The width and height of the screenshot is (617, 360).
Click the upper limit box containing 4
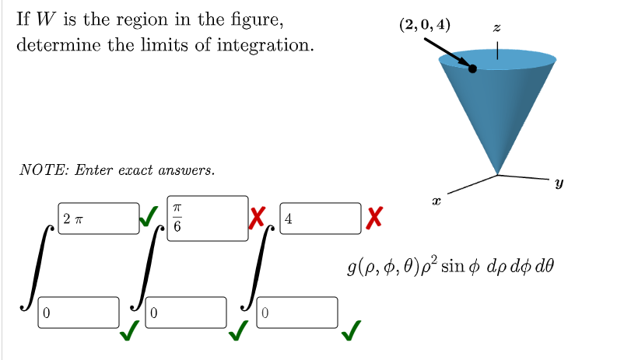point(319,218)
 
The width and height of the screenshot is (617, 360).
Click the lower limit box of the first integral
point(79,313)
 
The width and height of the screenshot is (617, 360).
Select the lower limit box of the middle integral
point(187,313)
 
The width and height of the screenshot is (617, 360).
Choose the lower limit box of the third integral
point(298,313)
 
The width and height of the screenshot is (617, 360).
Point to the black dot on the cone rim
point(473,68)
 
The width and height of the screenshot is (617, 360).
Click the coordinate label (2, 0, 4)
point(423,24)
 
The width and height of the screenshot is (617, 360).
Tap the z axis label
point(497,27)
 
